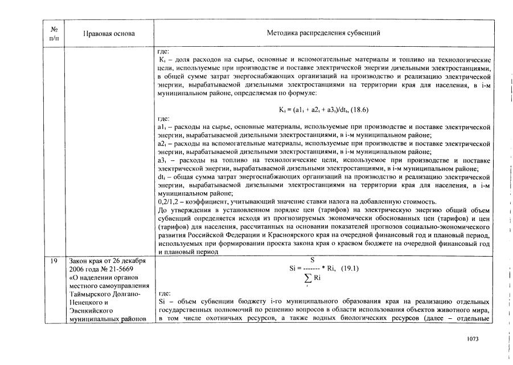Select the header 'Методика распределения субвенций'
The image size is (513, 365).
coord(323,33)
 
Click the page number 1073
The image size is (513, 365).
coord(471,339)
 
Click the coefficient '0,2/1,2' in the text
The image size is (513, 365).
coord(168,202)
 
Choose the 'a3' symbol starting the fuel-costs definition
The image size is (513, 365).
coord(162,161)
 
